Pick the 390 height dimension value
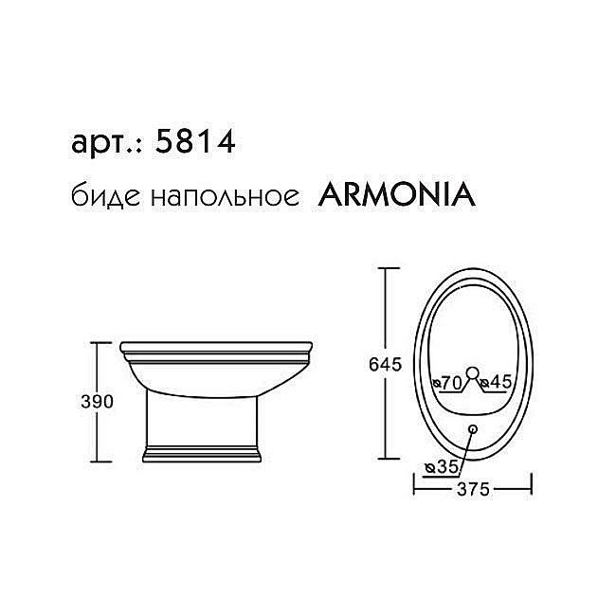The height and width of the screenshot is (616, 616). click(98, 401)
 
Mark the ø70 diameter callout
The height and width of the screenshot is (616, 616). click(445, 382)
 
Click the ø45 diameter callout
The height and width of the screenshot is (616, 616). click(496, 382)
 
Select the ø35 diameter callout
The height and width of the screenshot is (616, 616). click(444, 466)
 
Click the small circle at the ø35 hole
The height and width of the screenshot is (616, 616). click(472, 429)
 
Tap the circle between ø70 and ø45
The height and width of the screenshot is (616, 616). click(471, 372)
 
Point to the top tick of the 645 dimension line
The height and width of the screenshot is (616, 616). click(384, 268)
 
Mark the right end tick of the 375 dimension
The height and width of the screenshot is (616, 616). click(531, 489)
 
